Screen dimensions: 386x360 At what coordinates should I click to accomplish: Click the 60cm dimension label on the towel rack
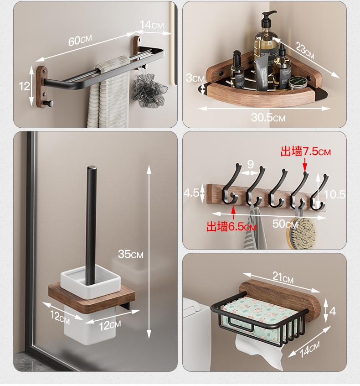[80, 40]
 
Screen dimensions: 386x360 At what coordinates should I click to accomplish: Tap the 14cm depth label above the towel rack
[152, 25]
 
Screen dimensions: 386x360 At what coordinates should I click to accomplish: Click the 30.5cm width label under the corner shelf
[268, 117]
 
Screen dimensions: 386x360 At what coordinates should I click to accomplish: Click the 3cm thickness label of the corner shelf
[194, 78]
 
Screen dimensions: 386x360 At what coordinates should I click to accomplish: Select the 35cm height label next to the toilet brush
[130, 254]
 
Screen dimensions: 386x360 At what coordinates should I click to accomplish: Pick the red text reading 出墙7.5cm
[305, 151]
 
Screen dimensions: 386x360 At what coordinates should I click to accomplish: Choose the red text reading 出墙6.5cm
[231, 226]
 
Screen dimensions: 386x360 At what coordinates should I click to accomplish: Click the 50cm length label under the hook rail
[285, 224]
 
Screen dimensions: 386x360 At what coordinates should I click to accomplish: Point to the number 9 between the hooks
[250, 164]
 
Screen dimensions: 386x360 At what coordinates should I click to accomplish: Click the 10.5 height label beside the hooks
[334, 195]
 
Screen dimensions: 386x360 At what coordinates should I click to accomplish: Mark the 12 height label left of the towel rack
[24, 86]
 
